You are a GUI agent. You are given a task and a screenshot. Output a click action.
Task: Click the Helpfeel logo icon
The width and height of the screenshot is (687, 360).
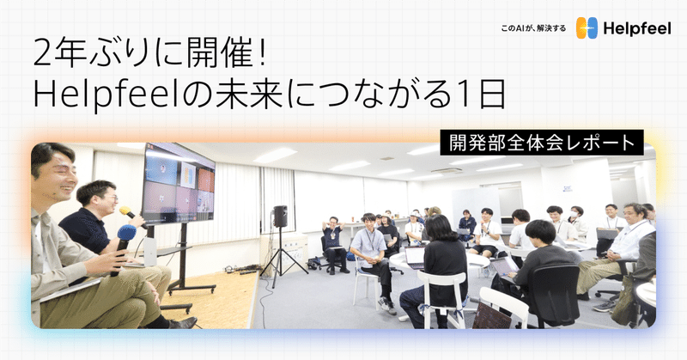[587, 28]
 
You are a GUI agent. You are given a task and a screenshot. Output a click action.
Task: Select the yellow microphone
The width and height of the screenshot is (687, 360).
[127, 211]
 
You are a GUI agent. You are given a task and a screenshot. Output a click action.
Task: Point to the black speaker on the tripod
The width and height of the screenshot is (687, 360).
[280, 216]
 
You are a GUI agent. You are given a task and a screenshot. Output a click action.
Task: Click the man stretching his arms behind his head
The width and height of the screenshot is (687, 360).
[332, 236]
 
